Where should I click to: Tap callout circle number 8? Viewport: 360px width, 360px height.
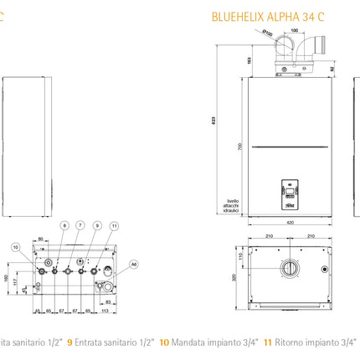pos(64,226)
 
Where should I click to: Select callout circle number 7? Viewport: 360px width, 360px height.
pos(80,226)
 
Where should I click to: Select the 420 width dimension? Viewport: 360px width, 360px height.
pos(288,224)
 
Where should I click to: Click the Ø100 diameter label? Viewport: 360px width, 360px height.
pos(265,33)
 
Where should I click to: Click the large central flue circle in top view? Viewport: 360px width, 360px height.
pos(287,270)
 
